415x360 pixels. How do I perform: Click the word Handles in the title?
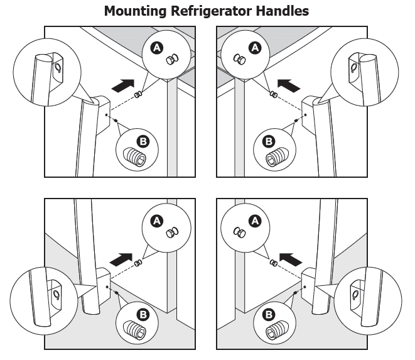coord(283,11)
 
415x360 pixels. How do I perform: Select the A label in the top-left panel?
coord(157,48)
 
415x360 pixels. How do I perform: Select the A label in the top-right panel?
coord(255,48)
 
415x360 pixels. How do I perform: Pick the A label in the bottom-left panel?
coord(157,221)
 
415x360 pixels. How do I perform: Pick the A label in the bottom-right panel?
coord(255,221)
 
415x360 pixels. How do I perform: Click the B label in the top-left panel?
coord(143,141)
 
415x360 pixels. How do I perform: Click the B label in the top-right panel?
coord(269,141)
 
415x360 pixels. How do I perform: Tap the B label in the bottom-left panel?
coord(143,315)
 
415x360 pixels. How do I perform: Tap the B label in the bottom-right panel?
coord(269,315)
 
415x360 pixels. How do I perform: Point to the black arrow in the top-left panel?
coord(123,86)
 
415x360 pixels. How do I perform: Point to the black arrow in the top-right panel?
coord(289,86)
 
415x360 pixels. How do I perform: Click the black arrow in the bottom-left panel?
coord(121,259)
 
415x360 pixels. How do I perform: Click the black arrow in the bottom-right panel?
coord(291,259)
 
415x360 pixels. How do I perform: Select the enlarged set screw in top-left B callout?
coord(135,157)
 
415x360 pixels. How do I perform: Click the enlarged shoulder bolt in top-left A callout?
coord(172,59)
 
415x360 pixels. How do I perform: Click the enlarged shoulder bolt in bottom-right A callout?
coord(239,232)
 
